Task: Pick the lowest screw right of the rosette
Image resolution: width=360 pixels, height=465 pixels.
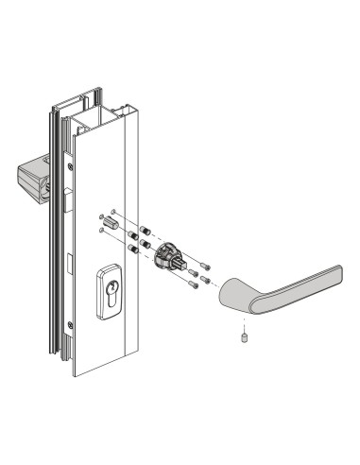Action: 194,284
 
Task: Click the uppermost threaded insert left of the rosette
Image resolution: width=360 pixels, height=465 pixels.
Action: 145,229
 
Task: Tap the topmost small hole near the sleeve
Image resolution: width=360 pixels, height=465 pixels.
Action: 113,211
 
